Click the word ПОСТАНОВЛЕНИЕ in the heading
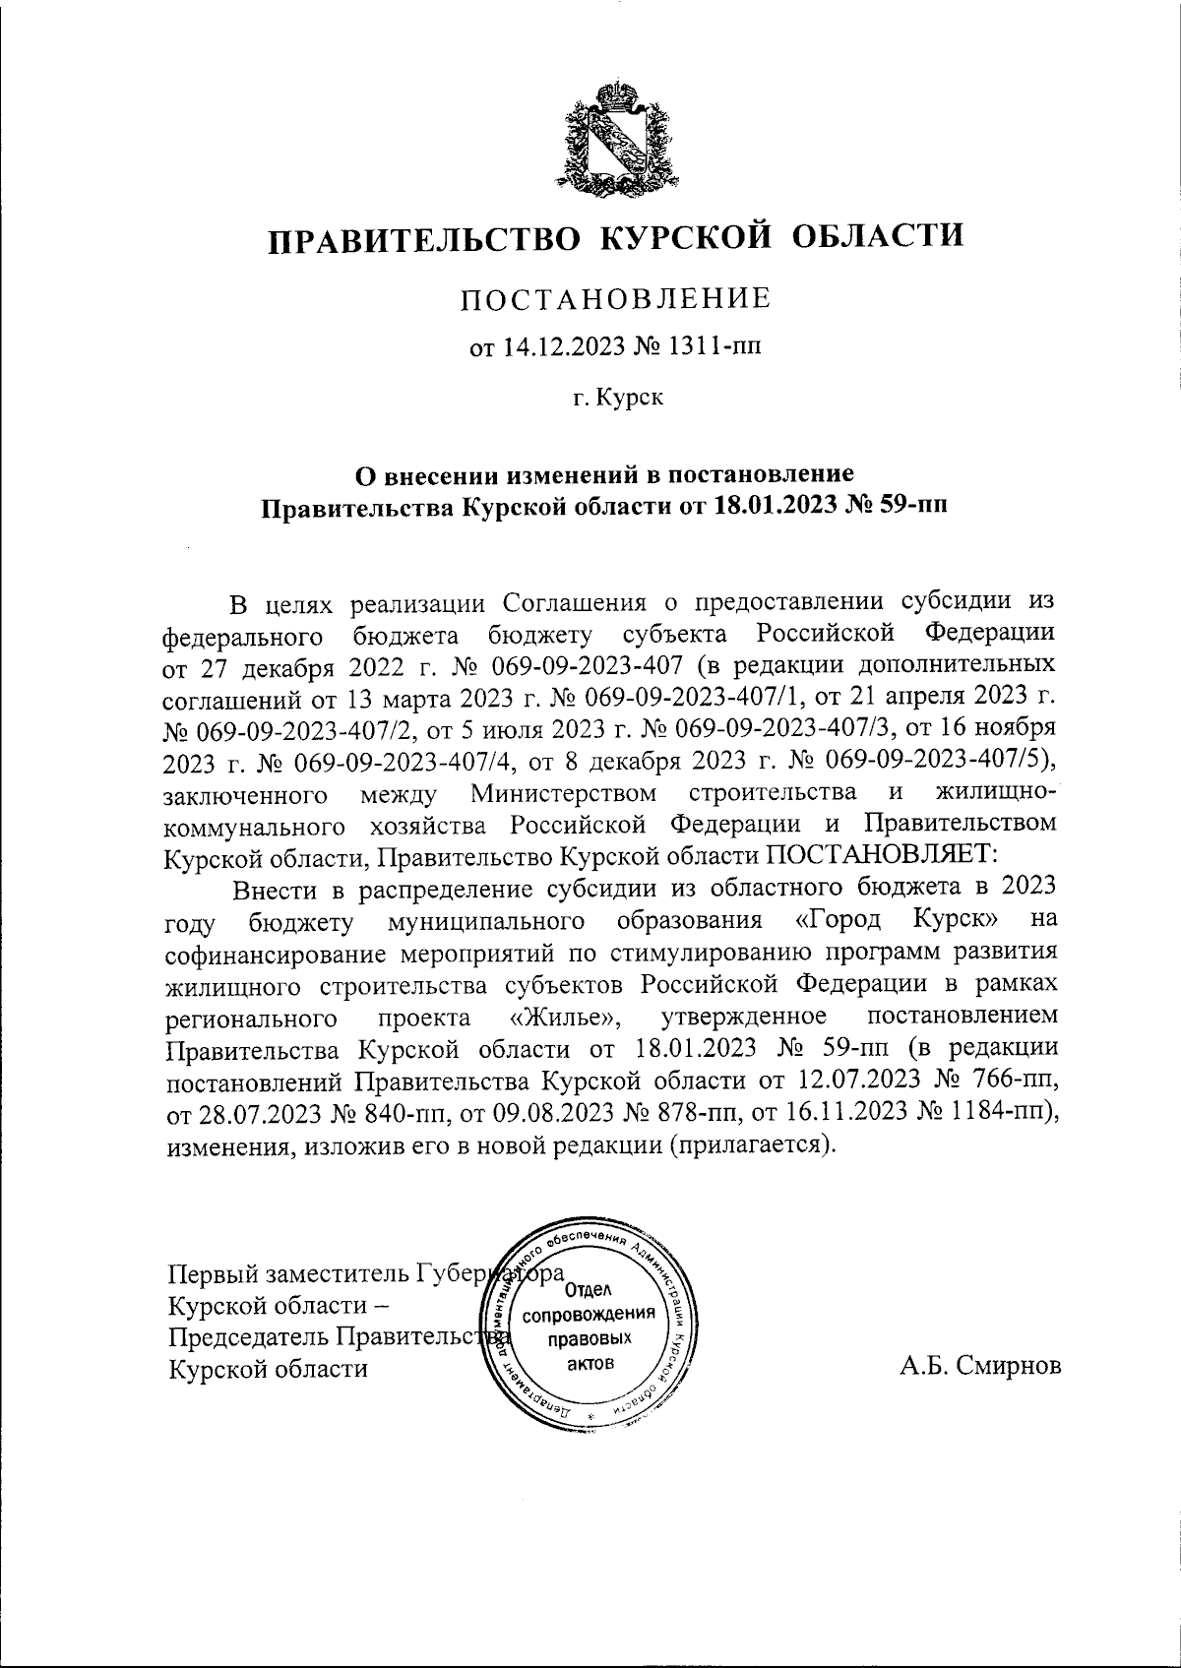(616, 298)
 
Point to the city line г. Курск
(617, 398)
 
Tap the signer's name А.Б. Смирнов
(980, 1367)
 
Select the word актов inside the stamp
(590, 1363)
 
